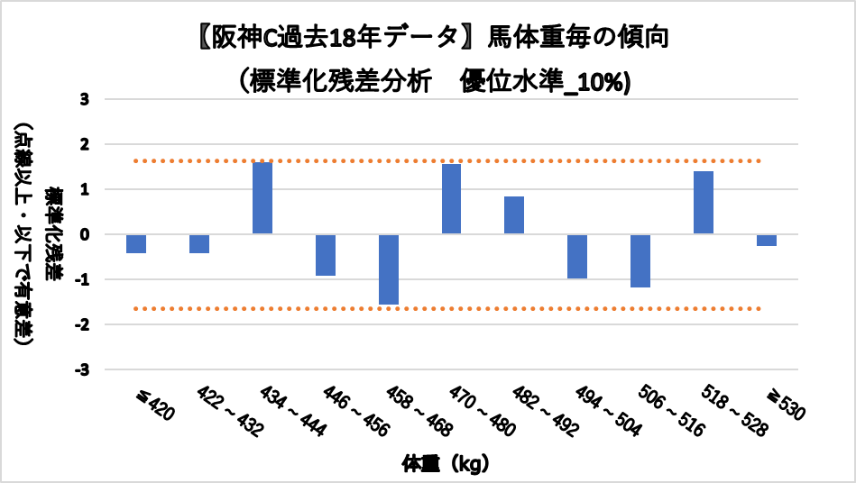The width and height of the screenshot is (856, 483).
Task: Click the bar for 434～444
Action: pyautogui.click(x=262, y=198)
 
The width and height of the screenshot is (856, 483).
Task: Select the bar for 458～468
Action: pyautogui.click(x=389, y=269)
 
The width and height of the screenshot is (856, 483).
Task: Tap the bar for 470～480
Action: pyautogui.click(x=452, y=199)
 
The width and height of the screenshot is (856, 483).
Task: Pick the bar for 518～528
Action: pyautogui.click(x=704, y=203)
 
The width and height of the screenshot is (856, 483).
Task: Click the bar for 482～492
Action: pyautogui.click(x=514, y=215)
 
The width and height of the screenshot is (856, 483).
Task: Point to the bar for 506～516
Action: pyautogui.click(x=640, y=260)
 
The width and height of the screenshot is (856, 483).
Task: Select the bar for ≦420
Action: pyautogui.click(x=136, y=243)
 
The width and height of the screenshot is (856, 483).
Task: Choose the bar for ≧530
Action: pyautogui.click(x=767, y=240)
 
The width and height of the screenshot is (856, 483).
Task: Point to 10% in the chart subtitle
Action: pyautogui.click(x=600, y=81)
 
